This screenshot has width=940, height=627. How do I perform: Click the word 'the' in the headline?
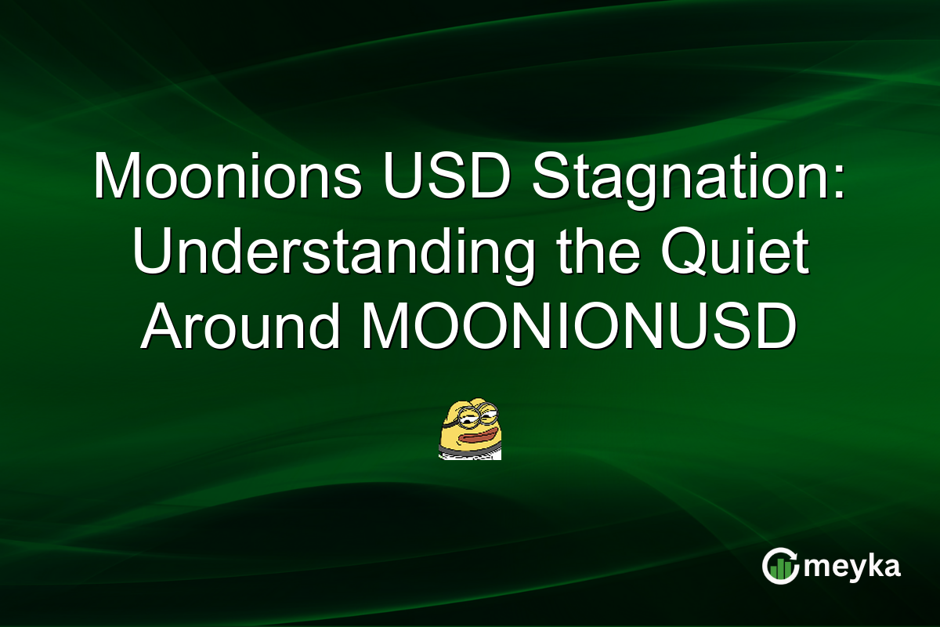pos(590,253)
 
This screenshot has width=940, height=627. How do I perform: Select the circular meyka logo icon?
pos(781,566)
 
